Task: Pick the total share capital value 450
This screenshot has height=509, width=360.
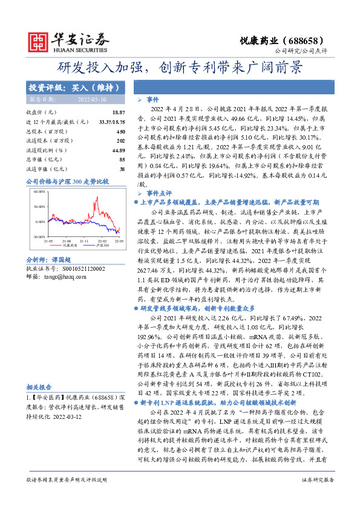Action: pyautogui.click(x=120, y=131)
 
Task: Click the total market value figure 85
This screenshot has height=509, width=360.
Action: pyautogui.click(x=122, y=159)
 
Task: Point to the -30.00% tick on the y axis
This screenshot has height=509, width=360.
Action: pyautogui.click(x=38, y=236)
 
